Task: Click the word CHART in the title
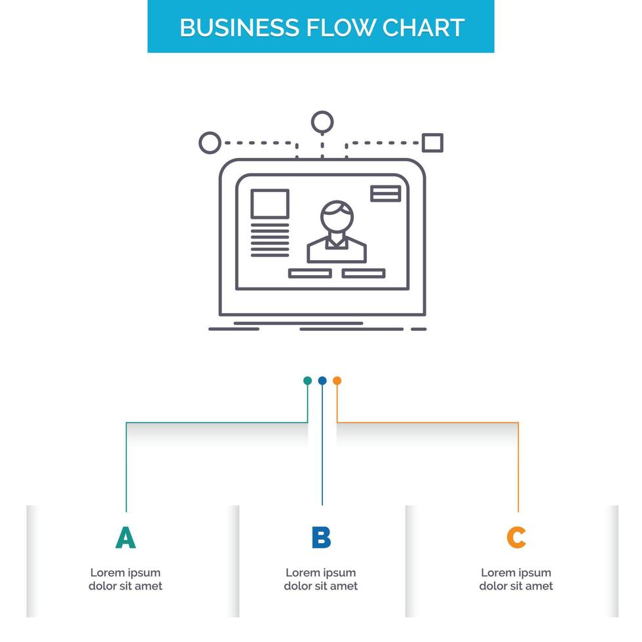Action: [423, 27]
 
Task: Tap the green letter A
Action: [125, 537]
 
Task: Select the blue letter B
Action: [321, 537]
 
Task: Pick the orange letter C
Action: [516, 537]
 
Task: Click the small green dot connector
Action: [307, 381]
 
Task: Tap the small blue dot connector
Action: [322, 381]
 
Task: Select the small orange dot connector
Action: [337, 381]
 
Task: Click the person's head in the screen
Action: [337, 214]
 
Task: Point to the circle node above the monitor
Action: [322, 122]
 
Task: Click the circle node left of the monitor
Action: [209, 142]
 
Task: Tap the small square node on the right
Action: [432, 142]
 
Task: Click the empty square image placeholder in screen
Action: [270, 204]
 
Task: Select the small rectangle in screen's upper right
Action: [386, 193]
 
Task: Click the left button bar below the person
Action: [310, 273]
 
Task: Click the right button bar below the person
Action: [364, 273]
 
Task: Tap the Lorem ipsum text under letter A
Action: [125, 579]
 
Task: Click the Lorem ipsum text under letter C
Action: [516, 579]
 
